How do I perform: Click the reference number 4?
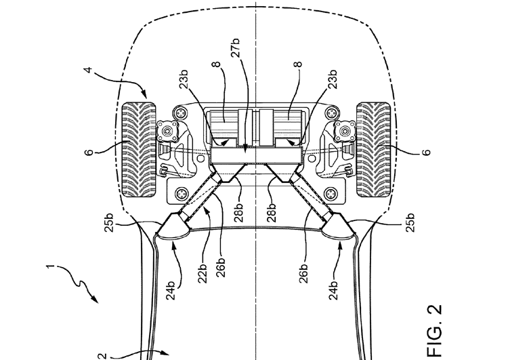(89, 70)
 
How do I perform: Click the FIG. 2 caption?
(434, 330)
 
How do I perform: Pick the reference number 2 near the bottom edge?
(102, 356)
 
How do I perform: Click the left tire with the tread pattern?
(139, 150)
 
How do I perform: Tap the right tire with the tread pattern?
(373, 150)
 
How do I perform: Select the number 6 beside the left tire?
(89, 152)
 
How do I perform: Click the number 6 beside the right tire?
(427, 152)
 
